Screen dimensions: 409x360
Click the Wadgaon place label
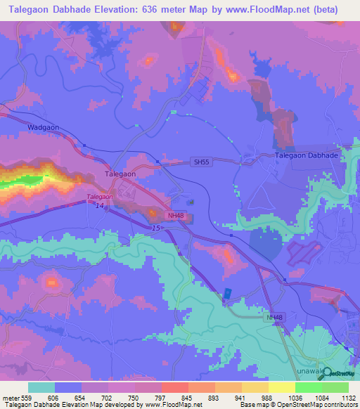41,128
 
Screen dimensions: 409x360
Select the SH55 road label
200,162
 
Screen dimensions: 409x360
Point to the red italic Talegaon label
100,197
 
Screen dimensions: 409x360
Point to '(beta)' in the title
324,10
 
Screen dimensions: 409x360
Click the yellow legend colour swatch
282,387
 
